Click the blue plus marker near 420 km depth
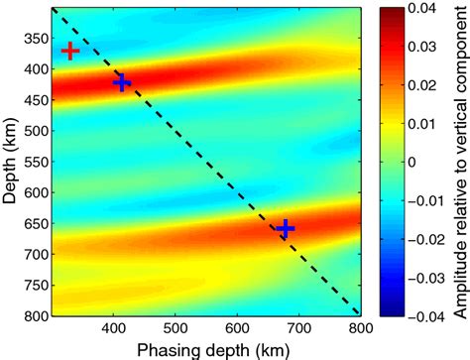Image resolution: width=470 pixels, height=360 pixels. click(x=121, y=82)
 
